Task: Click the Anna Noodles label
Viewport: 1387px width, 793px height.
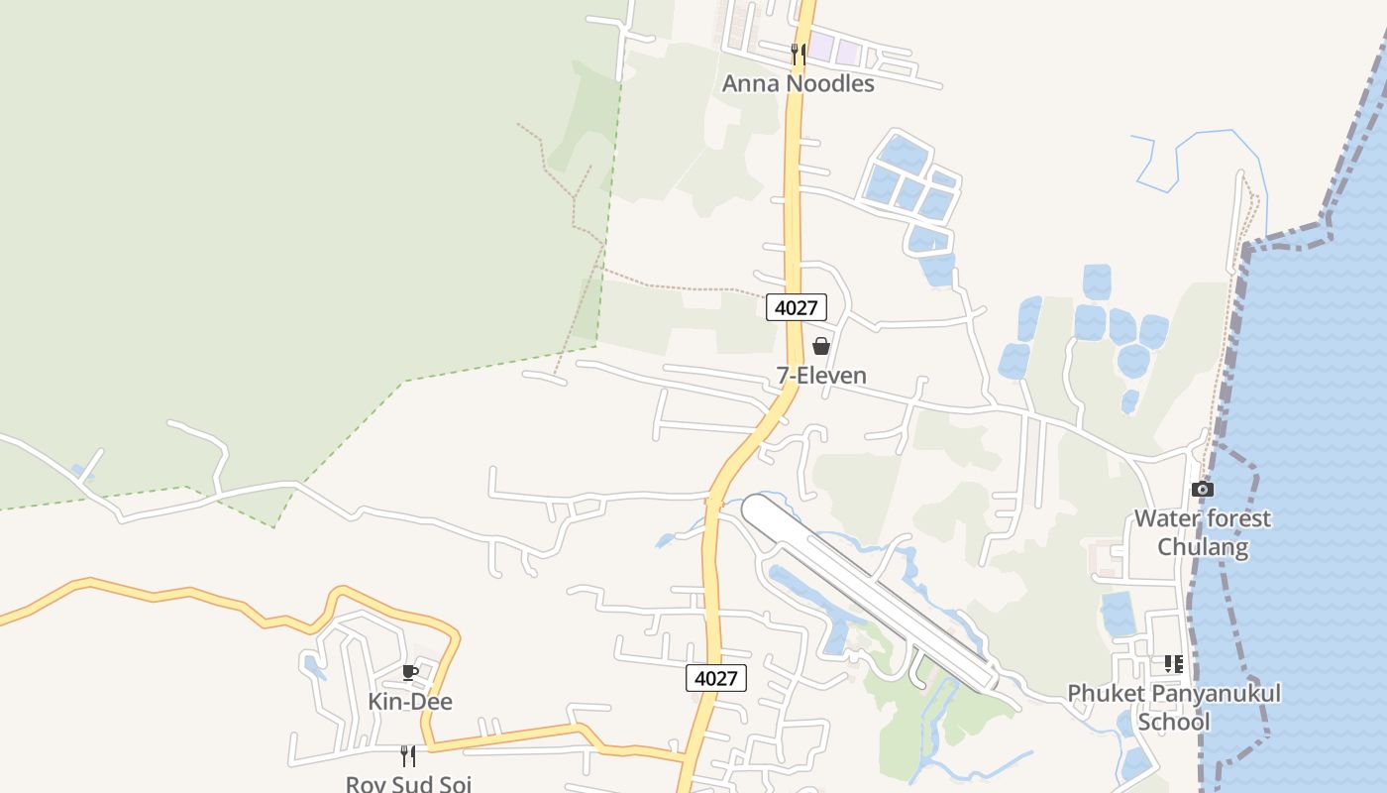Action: click(798, 83)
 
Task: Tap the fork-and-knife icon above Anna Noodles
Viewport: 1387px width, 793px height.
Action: click(798, 53)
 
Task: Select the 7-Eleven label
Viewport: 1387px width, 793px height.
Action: click(821, 376)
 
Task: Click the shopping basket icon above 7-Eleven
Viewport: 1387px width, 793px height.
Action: click(821, 346)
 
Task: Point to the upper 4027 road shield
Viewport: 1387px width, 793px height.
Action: click(796, 307)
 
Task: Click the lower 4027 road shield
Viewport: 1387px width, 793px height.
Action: click(715, 678)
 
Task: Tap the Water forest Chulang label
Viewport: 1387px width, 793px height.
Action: click(1202, 532)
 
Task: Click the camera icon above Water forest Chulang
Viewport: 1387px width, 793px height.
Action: click(1202, 490)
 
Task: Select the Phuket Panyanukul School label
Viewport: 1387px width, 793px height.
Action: click(1174, 707)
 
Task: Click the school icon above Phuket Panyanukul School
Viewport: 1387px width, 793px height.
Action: click(1174, 664)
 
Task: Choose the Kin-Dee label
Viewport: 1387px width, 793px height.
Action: click(410, 702)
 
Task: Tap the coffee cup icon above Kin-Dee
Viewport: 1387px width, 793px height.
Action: click(410, 673)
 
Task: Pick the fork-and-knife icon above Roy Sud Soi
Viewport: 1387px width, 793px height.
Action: click(408, 755)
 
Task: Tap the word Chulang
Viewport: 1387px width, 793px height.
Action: click(1202, 547)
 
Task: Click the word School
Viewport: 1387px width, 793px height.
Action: click(1174, 722)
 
